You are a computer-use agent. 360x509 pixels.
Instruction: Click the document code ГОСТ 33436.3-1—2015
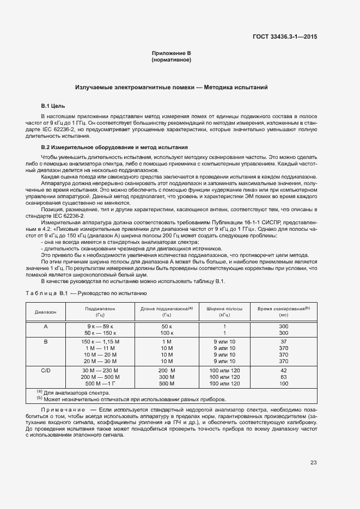(285, 37)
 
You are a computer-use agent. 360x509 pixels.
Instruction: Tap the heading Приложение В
(171, 53)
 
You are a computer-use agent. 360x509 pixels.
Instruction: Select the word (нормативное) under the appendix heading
(171, 59)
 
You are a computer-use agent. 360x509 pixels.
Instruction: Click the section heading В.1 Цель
(53, 105)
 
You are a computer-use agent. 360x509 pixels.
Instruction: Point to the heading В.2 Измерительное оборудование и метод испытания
(114, 148)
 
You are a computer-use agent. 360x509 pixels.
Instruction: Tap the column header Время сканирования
(283, 311)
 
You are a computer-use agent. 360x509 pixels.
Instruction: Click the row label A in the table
(46, 326)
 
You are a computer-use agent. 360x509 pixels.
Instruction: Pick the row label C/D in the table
(46, 370)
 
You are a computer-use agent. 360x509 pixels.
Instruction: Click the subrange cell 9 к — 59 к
(100, 326)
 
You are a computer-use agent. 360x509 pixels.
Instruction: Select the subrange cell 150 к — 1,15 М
(100, 341)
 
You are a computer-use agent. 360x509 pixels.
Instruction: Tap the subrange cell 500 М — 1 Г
(100, 383)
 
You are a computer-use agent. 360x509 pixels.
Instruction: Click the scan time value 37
(283, 341)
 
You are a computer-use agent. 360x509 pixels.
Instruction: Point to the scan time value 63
(283, 377)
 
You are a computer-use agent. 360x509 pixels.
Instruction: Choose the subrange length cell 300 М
(167, 377)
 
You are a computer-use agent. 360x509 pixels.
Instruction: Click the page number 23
(314, 463)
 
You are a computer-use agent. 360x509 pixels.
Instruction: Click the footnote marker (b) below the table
(40, 398)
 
